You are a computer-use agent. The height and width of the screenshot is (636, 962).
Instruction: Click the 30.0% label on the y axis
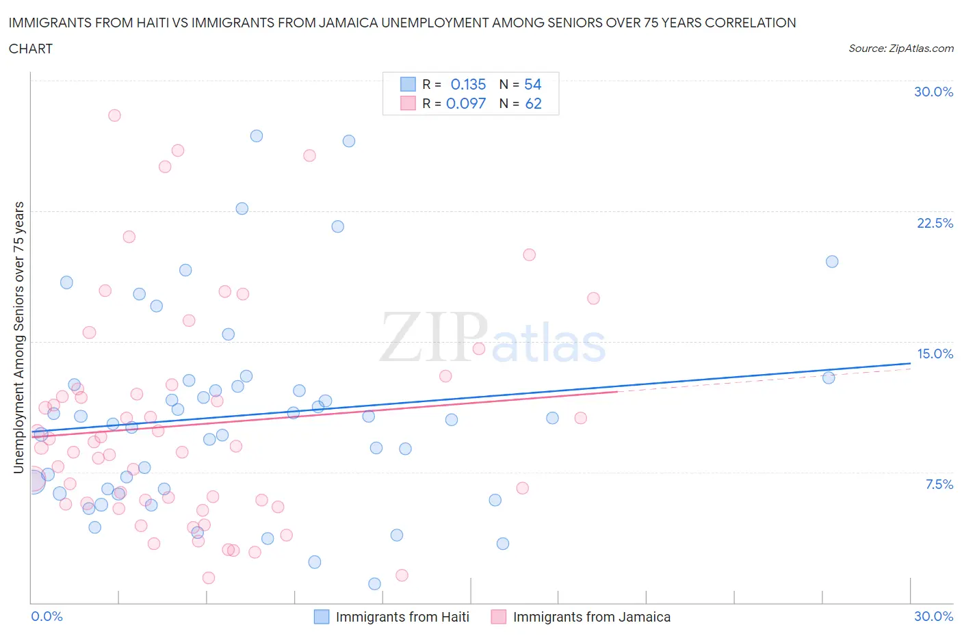click(933, 92)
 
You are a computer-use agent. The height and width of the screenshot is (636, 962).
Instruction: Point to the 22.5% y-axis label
click(935, 223)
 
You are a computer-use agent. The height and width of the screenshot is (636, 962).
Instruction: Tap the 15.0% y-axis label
click(935, 354)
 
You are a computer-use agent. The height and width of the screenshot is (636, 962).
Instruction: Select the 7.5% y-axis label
click(939, 484)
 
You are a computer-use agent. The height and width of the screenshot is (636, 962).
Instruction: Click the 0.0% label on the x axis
click(47, 616)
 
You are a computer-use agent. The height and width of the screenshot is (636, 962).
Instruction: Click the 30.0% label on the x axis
click(933, 616)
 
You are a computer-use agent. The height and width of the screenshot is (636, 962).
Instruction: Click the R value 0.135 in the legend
click(468, 84)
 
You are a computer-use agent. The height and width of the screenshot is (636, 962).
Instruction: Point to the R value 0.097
click(466, 103)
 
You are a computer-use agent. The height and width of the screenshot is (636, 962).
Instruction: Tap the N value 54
click(532, 84)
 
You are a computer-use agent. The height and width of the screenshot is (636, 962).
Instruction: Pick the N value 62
click(533, 103)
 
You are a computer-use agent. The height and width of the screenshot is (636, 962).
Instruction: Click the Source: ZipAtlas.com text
click(900, 48)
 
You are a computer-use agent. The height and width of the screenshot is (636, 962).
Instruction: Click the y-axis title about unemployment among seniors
click(19, 337)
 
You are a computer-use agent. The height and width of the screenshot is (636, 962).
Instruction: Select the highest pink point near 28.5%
click(114, 116)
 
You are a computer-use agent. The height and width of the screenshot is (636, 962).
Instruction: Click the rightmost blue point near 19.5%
click(832, 261)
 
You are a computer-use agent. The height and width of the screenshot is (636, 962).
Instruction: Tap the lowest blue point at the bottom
click(374, 583)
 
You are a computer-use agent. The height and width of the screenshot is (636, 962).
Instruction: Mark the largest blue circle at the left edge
click(34, 482)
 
